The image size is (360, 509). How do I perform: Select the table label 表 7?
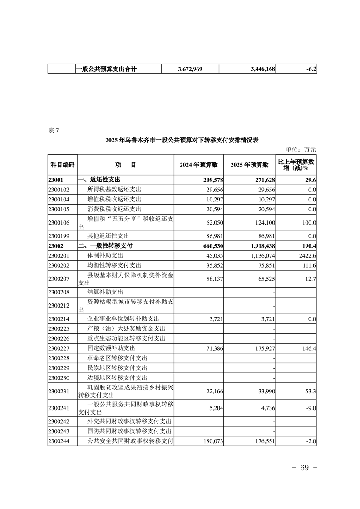(x=53, y=131)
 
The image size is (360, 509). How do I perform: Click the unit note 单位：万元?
(x=301, y=149)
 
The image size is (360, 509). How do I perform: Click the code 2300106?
(x=59, y=223)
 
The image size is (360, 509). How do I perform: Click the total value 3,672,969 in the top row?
(x=190, y=69)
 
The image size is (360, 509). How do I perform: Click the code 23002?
(x=57, y=245)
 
